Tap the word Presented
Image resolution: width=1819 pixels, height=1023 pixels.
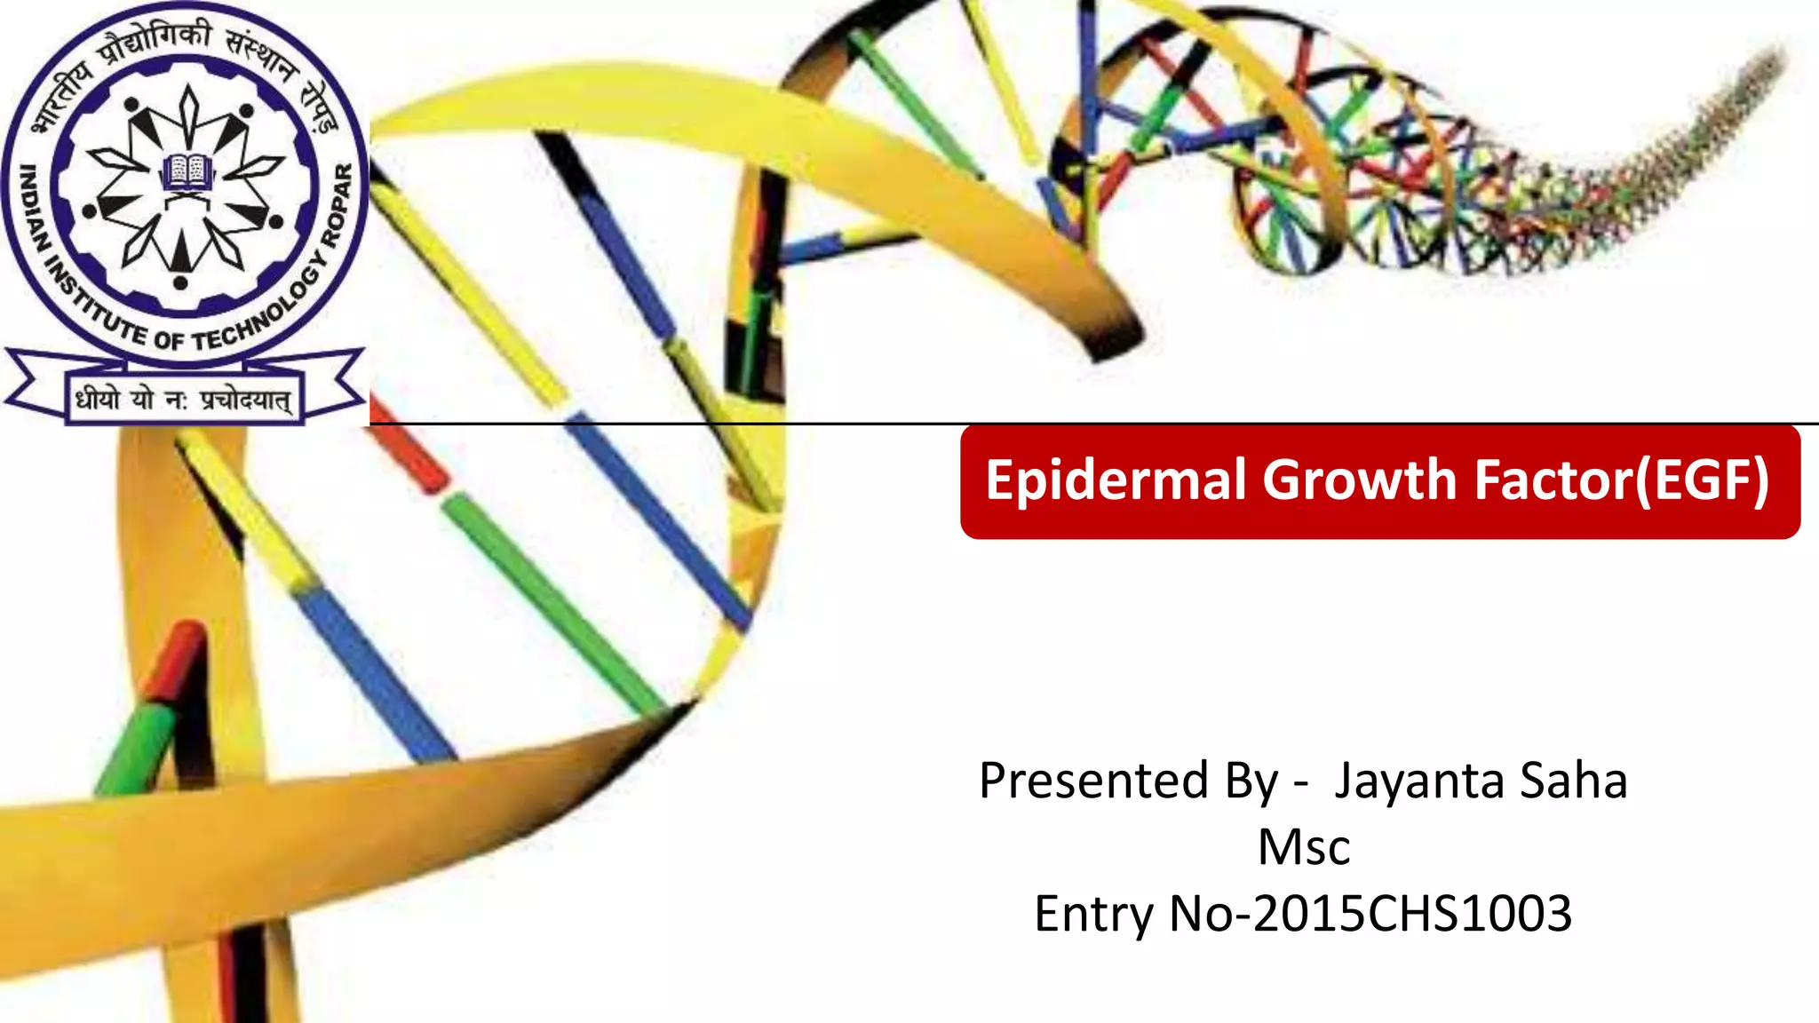1093,781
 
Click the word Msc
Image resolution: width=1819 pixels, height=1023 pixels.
1304,847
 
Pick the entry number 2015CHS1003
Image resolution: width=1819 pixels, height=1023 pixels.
1412,914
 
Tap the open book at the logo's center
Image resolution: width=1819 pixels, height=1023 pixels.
187,170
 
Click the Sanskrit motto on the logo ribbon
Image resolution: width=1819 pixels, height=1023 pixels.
183,400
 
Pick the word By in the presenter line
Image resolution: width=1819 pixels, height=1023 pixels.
1252,782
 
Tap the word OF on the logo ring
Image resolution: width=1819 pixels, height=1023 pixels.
169,339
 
